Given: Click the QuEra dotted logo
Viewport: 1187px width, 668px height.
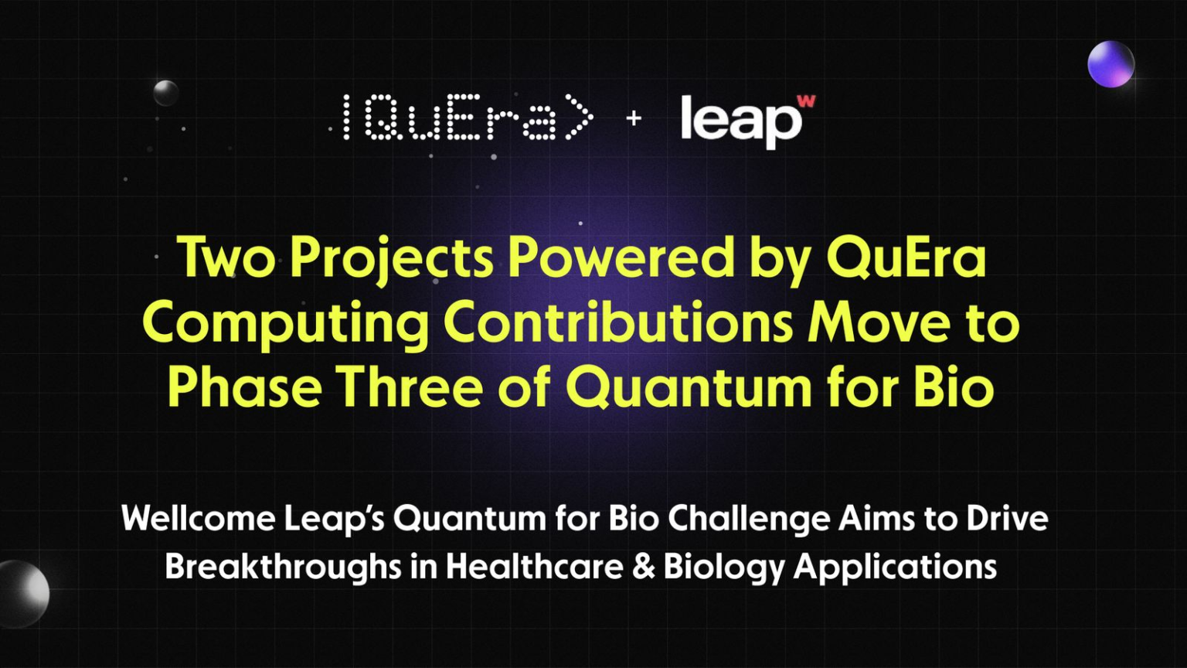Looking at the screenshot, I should click(x=467, y=118).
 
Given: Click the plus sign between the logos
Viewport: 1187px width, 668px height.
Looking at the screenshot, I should click(x=634, y=118).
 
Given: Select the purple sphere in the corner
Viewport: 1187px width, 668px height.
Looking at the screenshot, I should click(x=1110, y=64).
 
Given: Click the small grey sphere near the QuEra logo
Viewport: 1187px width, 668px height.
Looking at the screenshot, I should click(x=166, y=93).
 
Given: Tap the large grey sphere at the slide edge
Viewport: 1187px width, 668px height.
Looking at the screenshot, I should click(x=22, y=594).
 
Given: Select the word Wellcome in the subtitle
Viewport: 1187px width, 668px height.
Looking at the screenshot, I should click(x=198, y=518).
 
